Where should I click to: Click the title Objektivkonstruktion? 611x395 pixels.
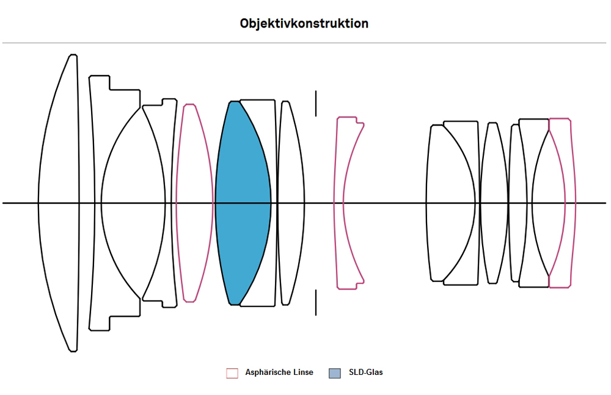(304, 24)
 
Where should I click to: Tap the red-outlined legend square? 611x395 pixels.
(232, 373)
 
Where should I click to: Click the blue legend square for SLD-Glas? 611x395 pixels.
(335, 373)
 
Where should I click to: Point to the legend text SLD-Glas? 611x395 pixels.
(365, 372)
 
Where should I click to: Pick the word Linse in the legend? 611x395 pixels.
(303, 372)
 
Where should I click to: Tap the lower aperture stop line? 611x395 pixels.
(316, 303)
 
